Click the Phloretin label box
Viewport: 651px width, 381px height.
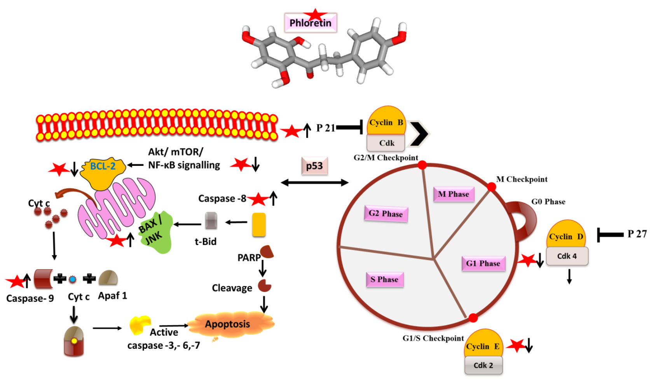pos(310,23)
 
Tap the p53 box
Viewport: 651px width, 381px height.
pos(314,166)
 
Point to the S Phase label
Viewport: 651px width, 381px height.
pos(384,279)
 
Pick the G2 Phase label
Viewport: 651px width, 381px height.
pos(386,214)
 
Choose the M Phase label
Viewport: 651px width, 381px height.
pos(453,194)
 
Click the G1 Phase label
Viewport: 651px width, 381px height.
pos(483,263)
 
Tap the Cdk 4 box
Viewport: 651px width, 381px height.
pos(567,256)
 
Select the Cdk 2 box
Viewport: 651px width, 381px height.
pos(483,365)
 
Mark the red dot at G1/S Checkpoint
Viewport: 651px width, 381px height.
pos(473,318)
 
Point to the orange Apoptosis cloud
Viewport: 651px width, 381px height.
pos(229,324)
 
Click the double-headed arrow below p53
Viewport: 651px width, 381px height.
pos(314,183)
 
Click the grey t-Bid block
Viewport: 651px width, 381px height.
pos(211,221)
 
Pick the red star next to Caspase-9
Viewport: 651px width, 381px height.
pos(16,281)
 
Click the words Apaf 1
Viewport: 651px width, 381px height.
pos(112,296)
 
